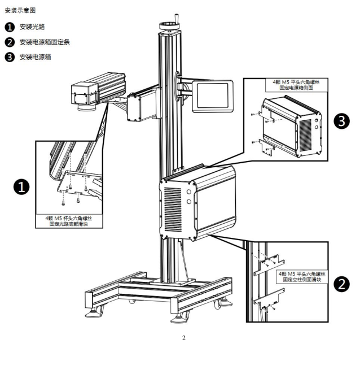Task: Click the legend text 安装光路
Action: click(x=32, y=27)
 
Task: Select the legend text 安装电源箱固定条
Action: click(x=45, y=42)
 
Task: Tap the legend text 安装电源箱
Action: click(x=36, y=56)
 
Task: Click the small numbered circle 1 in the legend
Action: click(x=10, y=27)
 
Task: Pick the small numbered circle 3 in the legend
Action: click(x=10, y=56)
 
